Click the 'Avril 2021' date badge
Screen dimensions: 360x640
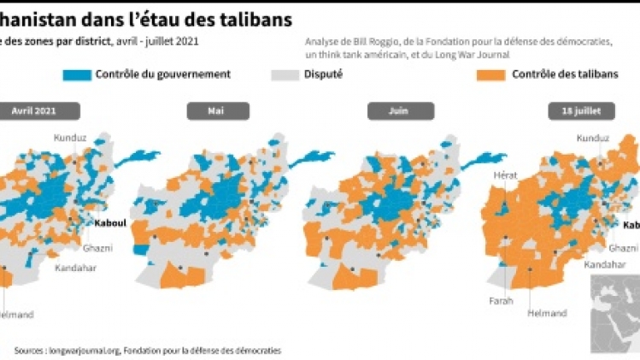click(41, 110)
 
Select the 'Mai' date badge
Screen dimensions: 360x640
click(218, 110)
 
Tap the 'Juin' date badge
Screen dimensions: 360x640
click(398, 110)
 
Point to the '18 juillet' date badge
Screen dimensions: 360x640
click(580, 110)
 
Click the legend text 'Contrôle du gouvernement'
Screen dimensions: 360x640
click(163, 74)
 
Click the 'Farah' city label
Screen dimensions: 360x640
click(501, 301)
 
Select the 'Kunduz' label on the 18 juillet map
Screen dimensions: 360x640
click(594, 138)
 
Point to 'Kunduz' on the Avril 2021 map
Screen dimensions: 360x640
click(71, 138)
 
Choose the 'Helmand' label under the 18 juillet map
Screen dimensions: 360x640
click(548, 313)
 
